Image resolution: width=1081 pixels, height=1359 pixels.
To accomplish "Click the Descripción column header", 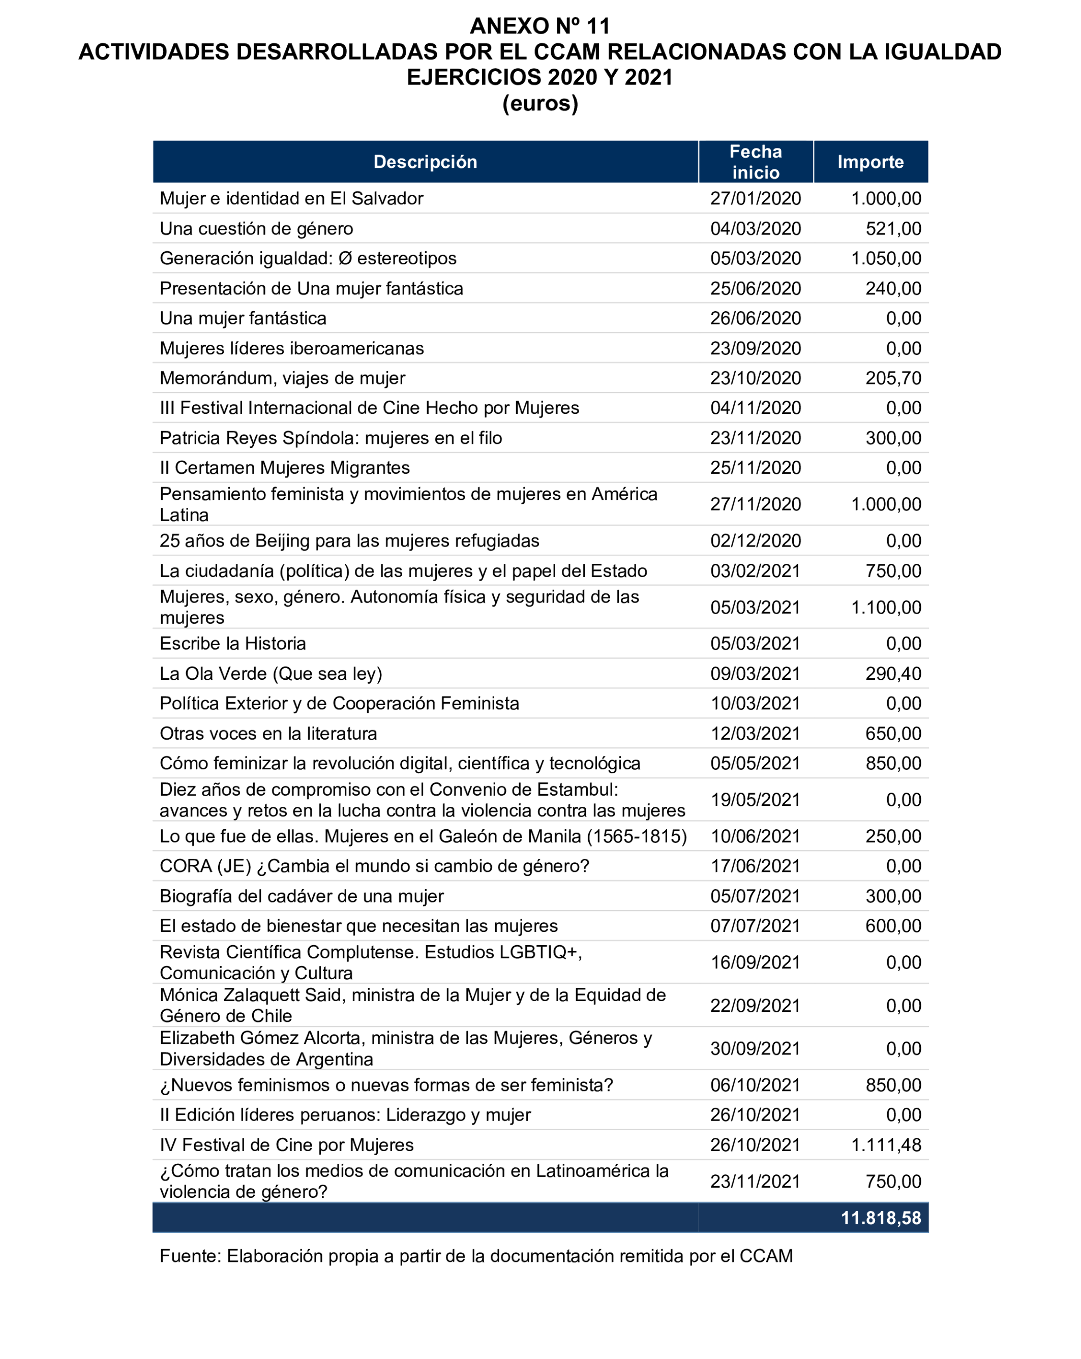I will pos(425,162).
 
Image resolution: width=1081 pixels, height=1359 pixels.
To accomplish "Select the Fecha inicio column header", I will pos(755,162).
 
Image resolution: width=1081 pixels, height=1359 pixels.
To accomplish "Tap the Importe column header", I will pos(870,162).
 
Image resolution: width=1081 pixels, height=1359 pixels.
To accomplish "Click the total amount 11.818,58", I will pos(881,1218).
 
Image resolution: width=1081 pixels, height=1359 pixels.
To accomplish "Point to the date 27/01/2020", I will pos(755,199).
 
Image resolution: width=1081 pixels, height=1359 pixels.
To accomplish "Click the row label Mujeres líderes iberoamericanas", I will pos(291,349).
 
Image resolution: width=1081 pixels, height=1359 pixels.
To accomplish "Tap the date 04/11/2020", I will pos(755,408).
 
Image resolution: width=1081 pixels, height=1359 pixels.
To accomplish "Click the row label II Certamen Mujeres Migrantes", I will pos(284,468).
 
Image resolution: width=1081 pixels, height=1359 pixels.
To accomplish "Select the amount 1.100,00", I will pos(886,608).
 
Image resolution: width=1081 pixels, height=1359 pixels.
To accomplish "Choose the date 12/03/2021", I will pos(755,734).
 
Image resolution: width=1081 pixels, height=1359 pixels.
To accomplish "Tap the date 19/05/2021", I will pos(755,800).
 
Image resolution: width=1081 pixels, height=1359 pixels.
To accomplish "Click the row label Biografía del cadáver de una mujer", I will pos(302,896).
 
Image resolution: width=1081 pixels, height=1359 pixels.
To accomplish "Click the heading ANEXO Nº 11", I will pos(539,26).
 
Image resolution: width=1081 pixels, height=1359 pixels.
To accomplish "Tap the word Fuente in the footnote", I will pos(190,1256).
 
